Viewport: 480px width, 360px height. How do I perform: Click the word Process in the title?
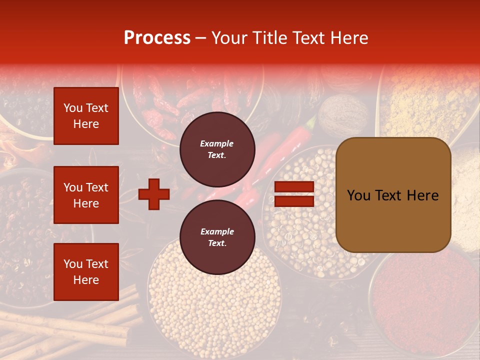[x=157, y=38]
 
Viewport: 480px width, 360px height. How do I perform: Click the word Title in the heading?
[x=268, y=38]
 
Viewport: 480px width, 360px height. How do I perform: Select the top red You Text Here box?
[x=86, y=116]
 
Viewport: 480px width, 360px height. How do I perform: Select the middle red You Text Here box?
[x=86, y=195]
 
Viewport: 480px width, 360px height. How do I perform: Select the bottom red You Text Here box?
[x=86, y=272]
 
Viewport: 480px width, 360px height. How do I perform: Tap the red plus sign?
[x=154, y=193]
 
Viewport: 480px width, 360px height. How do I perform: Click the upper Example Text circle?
[x=217, y=149]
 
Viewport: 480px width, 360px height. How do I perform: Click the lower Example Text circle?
[x=217, y=237]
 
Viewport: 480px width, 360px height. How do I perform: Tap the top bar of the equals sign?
[x=294, y=187]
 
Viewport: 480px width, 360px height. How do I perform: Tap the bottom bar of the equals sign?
[x=294, y=201]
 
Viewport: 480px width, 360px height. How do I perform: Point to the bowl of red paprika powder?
[x=425, y=300]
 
